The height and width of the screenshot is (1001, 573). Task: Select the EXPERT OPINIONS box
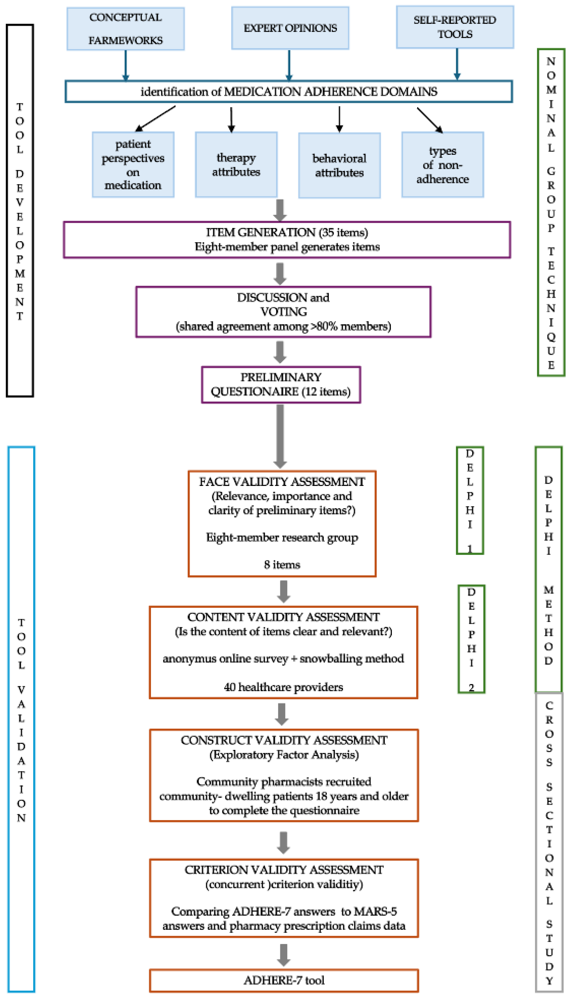click(x=290, y=28)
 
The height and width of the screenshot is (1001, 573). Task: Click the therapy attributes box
click(x=236, y=164)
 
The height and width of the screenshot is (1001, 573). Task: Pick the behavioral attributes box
click(x=339, y=165)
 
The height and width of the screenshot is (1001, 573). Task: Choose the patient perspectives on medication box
click(x=133, y=164)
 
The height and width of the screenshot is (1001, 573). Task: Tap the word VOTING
click(x=283, y=312)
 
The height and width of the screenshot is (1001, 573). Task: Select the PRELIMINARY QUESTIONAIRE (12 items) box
click(x=281, y=384)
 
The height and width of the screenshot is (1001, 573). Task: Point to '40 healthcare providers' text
click(x=283, y=687)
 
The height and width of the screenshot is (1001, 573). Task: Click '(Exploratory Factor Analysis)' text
click(x=284, y=755)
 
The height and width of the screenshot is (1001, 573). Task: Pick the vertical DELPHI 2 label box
click(x=471, y=639)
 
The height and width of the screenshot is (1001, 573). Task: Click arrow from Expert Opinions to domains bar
click(x=289, y=65)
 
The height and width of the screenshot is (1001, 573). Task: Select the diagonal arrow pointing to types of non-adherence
click(x=430, y=120)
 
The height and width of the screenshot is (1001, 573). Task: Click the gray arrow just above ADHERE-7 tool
click(x=284, y=955)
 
